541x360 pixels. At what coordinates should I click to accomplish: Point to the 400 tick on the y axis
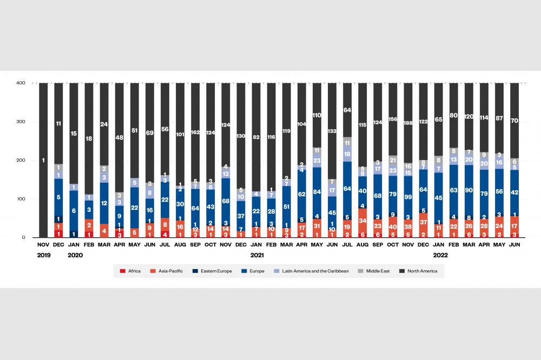[21, 83]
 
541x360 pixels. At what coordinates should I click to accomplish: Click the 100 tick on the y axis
[21, 199]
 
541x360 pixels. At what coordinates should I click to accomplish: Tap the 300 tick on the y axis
[21, 122]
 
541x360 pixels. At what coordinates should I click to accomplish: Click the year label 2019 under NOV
[43, 255]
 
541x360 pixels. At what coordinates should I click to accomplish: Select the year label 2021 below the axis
[256, 255]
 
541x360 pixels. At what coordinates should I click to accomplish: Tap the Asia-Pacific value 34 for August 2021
[362, 221]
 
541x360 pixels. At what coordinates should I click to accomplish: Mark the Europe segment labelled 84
[317, 191]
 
